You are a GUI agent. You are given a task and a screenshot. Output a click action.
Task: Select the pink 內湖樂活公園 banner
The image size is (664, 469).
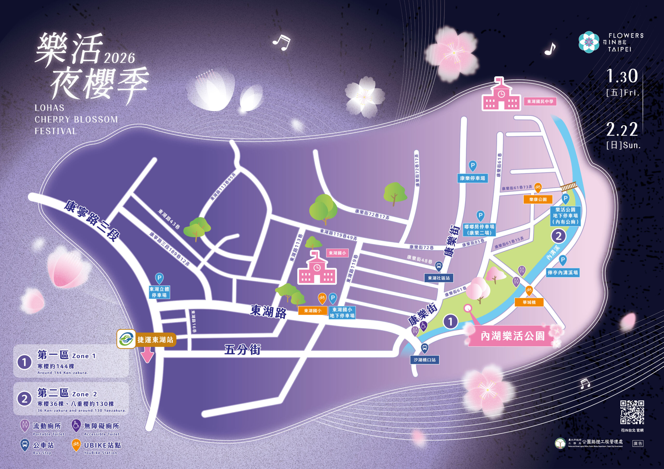(512, 336)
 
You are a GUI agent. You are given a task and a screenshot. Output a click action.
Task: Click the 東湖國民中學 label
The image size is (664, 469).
(540, 101)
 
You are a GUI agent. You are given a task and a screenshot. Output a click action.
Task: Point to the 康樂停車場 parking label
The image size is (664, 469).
(473, 178)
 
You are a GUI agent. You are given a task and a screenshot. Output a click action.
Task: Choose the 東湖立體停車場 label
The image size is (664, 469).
(159, 292)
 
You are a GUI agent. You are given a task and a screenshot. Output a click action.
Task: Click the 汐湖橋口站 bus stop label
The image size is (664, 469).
(425, 360)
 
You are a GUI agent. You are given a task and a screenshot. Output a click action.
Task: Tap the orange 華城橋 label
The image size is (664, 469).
(529, 302)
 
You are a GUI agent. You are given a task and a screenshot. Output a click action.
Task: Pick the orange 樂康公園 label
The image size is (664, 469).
(538, 199)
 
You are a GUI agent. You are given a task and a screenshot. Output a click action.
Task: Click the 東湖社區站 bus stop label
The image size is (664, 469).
(439, 278)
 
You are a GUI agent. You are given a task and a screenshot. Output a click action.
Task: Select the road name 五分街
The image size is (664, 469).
(242, 350)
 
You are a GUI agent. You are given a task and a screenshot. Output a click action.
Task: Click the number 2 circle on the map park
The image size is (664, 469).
(558, 236)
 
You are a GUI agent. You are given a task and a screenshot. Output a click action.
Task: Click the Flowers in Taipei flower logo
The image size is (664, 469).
(589, 42)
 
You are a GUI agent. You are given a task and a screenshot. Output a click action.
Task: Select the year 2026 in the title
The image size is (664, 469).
(119, 58)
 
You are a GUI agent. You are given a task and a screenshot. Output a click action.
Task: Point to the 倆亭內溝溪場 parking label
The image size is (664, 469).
(563, 272)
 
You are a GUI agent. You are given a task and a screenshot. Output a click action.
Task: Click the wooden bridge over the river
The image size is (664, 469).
(569, 187)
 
